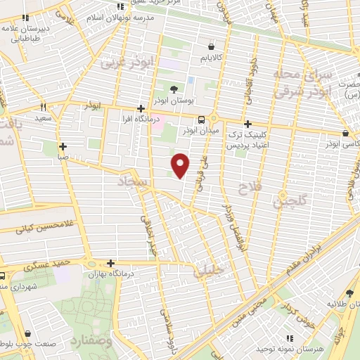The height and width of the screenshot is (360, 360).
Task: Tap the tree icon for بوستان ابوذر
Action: pos(174,89)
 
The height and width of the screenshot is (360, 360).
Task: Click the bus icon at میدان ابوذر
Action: pos(202,120)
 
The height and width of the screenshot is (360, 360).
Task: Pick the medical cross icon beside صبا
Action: pos(63,147)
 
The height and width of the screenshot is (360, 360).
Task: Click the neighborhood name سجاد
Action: pos(131,183)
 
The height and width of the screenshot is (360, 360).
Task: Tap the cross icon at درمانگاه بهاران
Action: pos(92,264)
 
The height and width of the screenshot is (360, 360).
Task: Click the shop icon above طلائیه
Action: pos(350,293)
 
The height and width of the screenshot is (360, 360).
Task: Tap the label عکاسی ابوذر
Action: pos(344,143)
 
